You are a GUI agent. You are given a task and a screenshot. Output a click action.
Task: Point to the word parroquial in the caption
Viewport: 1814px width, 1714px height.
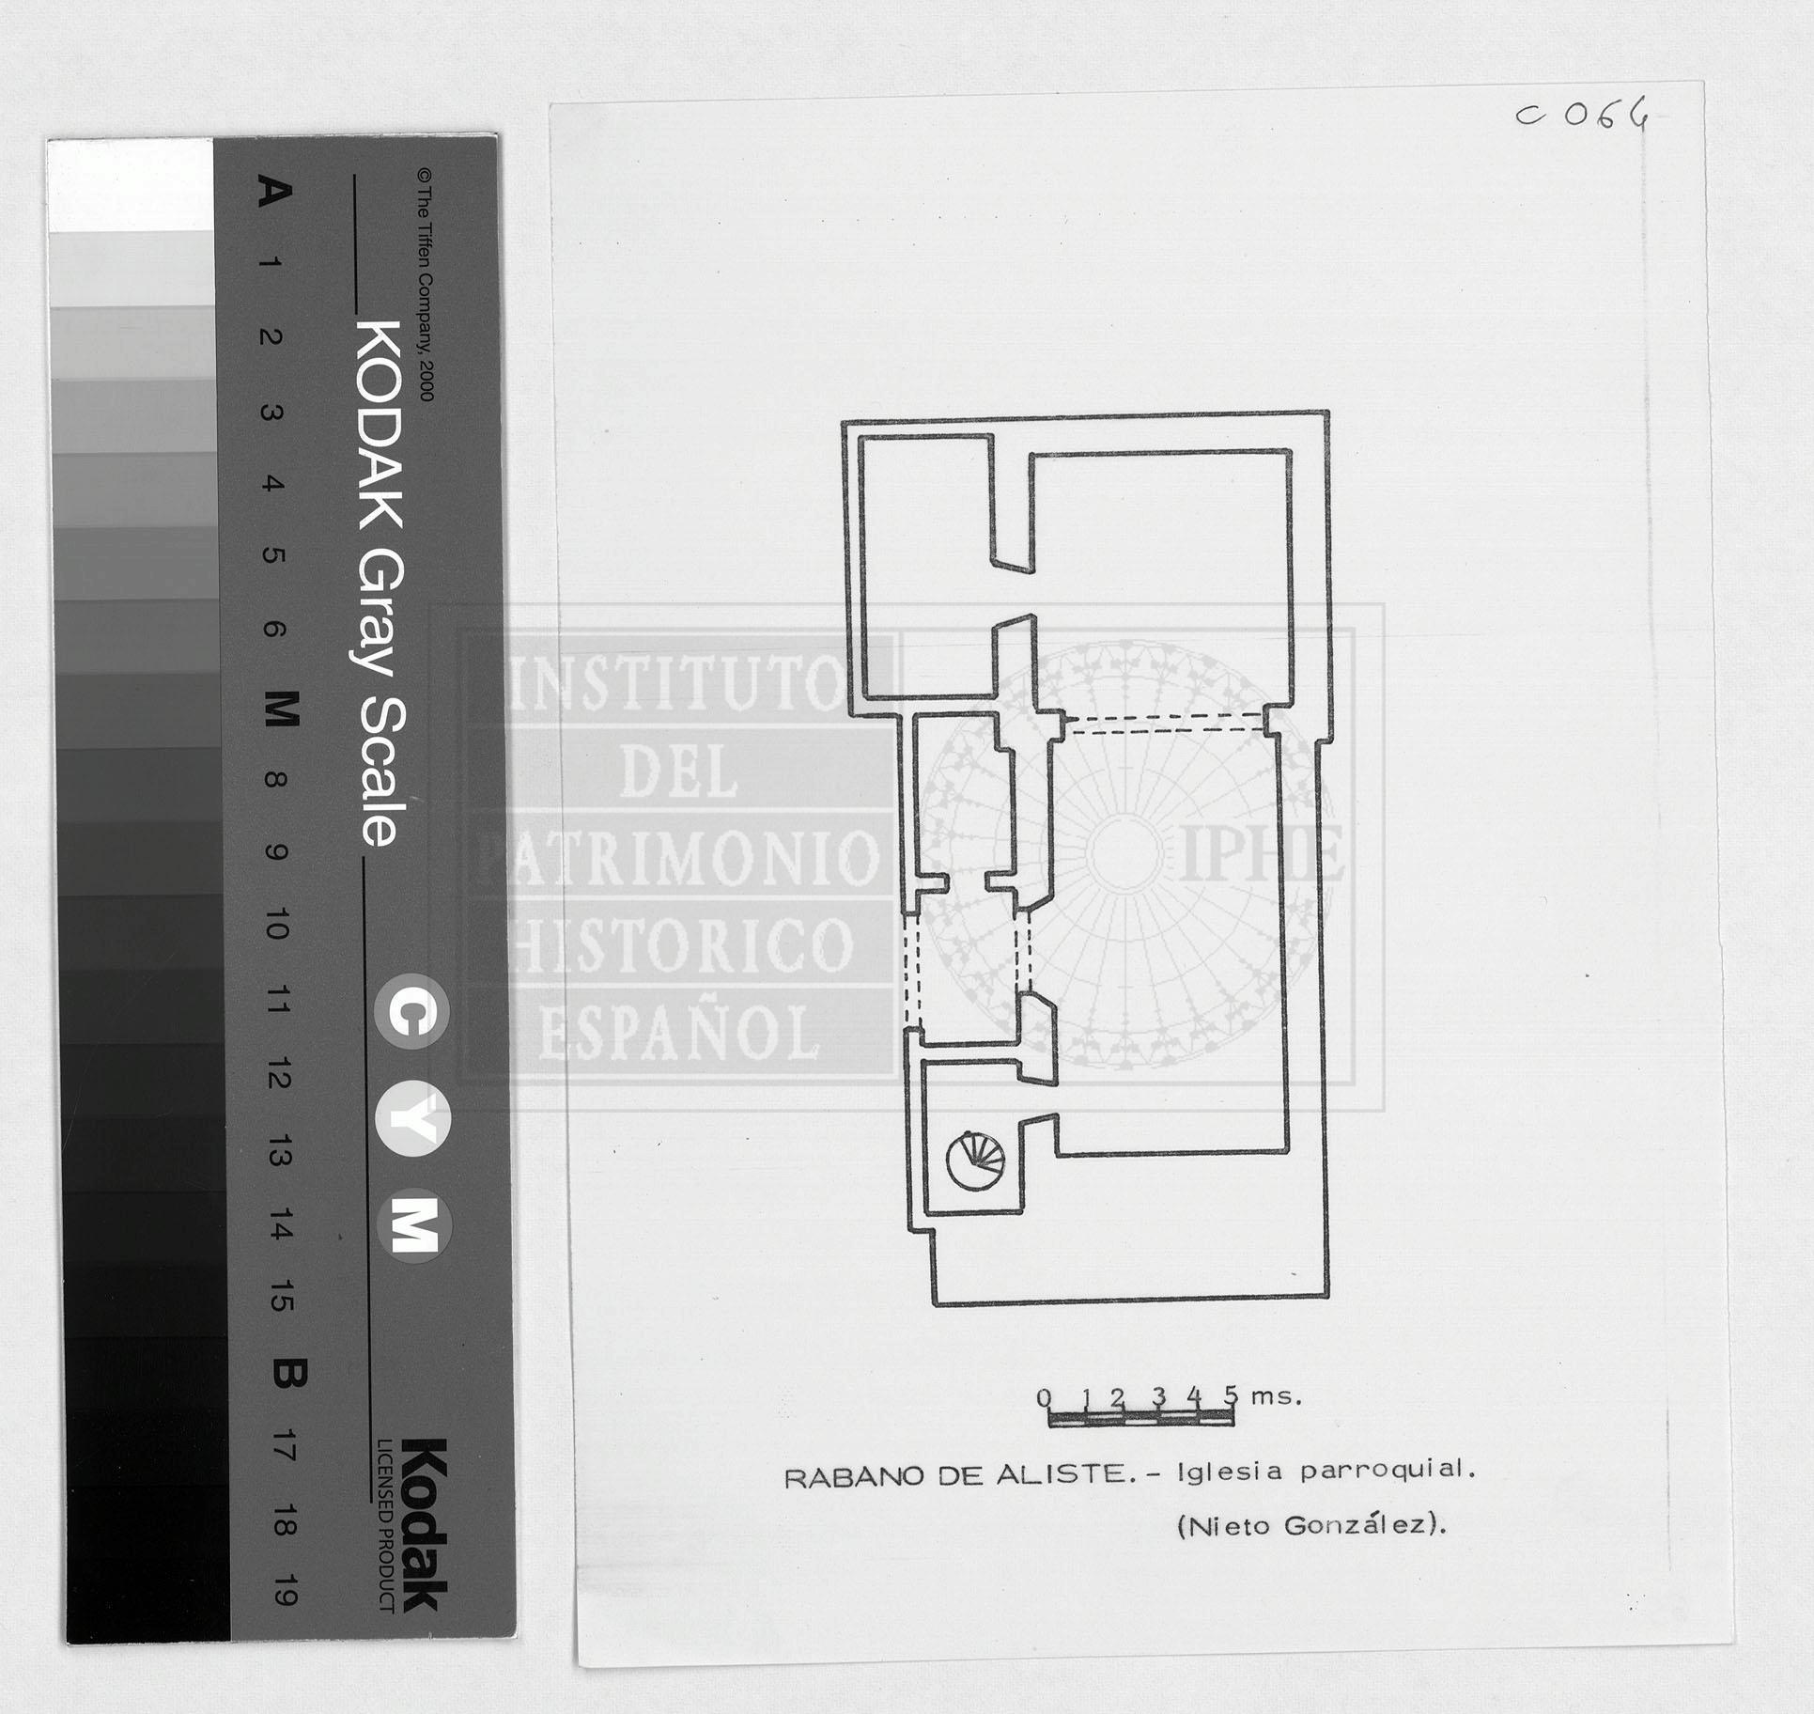click(1388, 1470)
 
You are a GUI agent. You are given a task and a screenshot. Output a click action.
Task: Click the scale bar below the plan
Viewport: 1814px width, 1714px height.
click(1140, 1418)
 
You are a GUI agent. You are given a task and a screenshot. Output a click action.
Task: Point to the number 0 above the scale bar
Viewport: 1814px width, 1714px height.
click(1045, 1397)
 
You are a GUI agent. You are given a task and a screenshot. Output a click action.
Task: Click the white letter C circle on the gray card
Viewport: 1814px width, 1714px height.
click(411, 1013)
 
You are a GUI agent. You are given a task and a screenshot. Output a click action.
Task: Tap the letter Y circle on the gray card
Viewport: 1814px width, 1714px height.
click(412, 1120)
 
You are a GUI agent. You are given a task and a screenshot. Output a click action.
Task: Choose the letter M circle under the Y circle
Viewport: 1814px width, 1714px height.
click(414, 1226)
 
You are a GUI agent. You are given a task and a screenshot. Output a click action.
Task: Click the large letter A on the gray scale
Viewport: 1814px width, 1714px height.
click(274, 193)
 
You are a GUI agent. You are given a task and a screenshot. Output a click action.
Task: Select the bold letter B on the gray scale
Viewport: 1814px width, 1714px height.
click(287, 1375)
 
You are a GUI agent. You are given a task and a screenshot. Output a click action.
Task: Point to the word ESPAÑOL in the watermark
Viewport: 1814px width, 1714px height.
click(679, 1033)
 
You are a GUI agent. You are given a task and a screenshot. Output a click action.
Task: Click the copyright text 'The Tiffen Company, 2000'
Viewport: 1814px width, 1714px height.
click(425, 285)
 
